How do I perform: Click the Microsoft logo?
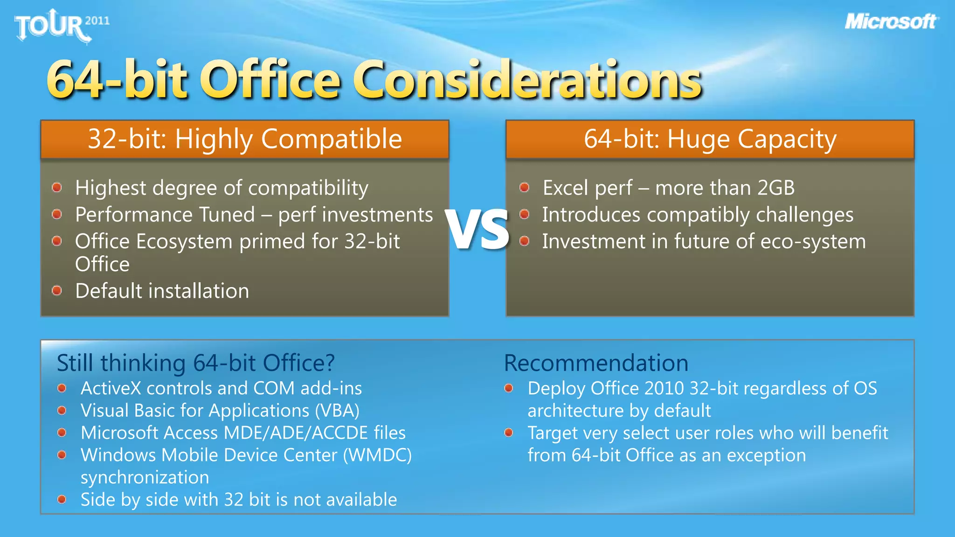(891, 21)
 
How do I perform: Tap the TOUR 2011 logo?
(61, 26)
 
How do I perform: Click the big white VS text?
(477, 230)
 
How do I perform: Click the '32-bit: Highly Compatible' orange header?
(245, 139)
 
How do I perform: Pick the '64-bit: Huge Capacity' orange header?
(710, 139)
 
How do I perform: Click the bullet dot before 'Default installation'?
(57, 291)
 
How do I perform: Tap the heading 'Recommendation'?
(596, 363)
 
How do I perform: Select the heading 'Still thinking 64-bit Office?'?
(195, 363)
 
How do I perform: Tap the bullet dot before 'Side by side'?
(62, 500)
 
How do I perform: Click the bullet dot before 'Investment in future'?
(524, 241)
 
